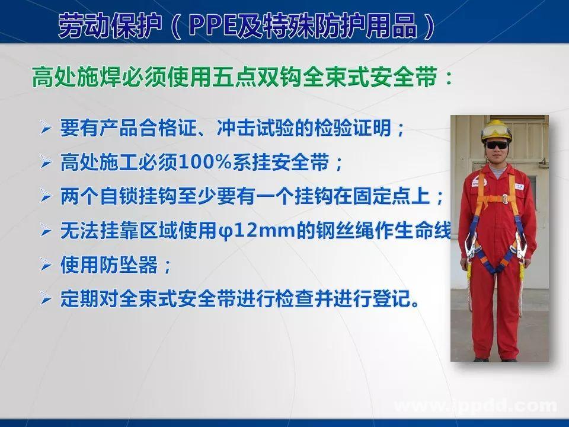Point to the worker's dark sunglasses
497,144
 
